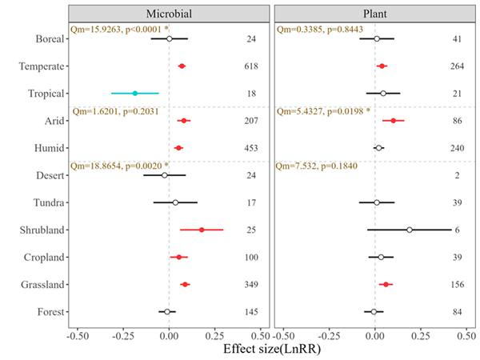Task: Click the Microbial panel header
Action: [x=168, y=14]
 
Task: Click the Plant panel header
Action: [x=374, y=14]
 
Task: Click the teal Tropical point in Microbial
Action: [x=135, y=94]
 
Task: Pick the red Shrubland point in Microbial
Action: [x=202, y=230]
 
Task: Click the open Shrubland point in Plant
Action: [x=410, y=230]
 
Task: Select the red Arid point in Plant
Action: [x=394, y=121]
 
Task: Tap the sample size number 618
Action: [x=251, y=66]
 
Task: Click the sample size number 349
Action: [x=251, y=284]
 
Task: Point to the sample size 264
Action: [x=457, y=66]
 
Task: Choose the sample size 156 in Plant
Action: [x=457, y=284]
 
